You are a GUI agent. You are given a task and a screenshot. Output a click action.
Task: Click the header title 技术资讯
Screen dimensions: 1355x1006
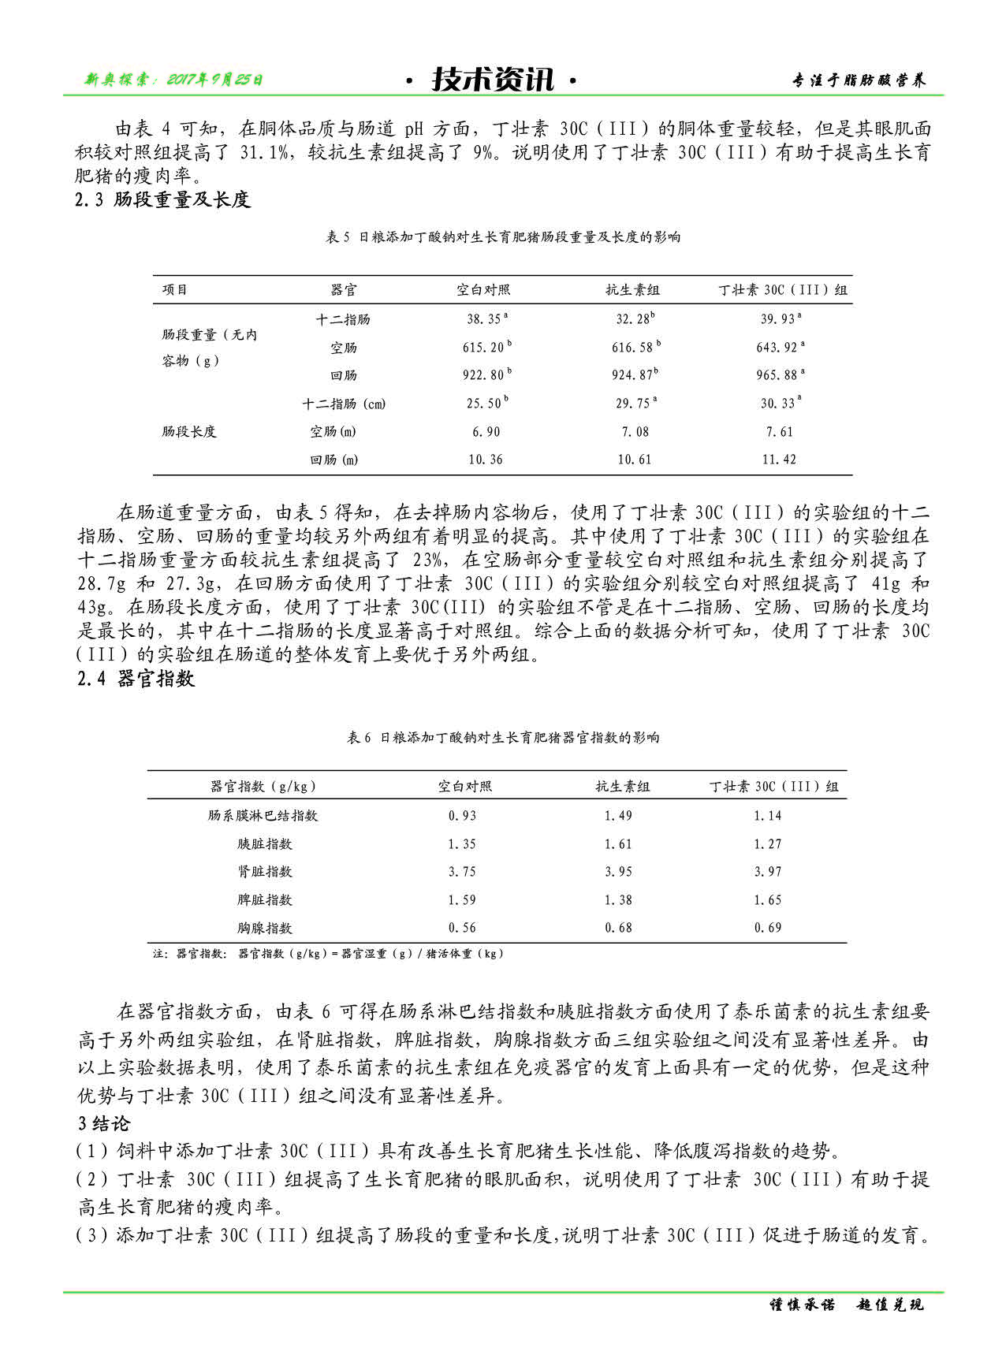(x=493, y=80)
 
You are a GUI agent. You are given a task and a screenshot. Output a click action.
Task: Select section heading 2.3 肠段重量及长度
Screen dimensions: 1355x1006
(x=162, y=199)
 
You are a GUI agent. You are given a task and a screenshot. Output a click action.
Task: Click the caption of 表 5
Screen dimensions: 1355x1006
(x=502, y=236)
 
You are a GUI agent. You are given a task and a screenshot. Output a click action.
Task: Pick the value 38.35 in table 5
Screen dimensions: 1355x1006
(x=485, y=318)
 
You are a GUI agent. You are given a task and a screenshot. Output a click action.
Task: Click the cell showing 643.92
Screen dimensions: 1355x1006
(x=779, y=347)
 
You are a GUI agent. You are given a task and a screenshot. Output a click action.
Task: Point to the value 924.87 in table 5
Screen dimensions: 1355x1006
(x=633, y=374)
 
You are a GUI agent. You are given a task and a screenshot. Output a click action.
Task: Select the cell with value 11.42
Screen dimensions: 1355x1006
(x=779, y=460)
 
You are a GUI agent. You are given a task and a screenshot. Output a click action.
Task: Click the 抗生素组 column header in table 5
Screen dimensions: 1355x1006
(x=632, y=290)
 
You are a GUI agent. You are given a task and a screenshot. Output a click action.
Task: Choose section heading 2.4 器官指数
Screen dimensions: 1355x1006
(x=136, y=679)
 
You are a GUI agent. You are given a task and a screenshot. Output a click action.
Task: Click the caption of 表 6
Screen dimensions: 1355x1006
(x=502, y=738)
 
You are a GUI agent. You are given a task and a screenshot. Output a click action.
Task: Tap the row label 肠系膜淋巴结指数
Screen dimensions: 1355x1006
(x=263, y=815)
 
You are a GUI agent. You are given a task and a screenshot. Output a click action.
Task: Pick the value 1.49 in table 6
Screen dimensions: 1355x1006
(x=618, y=815)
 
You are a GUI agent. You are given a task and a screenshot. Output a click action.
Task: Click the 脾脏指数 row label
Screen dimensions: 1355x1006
(x=265, y=899)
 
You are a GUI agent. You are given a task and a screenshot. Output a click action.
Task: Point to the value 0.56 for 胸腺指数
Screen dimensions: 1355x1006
(x=462, y=928)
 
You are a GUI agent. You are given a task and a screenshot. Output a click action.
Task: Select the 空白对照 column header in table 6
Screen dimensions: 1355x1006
(x=465, y=786)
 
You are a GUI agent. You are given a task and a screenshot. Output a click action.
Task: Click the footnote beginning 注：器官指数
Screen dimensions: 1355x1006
(x=327, y=953)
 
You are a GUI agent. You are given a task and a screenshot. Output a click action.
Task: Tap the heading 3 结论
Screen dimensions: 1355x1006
(x=103, y=1123)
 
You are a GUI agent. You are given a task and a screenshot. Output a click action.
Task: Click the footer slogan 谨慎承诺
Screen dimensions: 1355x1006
(x=802, y=1305)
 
